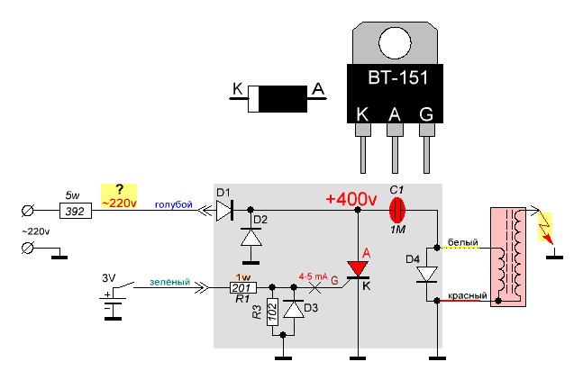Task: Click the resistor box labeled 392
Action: pos(76,211)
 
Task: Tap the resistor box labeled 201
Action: pos(243,287)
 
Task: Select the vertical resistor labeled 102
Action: pos(272,312)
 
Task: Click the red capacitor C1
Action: pos(397,210)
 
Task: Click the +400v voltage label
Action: pos(351,200)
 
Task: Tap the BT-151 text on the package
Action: pos(398,77)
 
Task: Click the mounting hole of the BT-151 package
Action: pos(395,42)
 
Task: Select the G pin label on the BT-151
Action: pos(426,114)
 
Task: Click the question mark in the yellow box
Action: pos(119,190)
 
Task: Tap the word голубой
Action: pos(174,204)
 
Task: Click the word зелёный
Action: pos(169,282)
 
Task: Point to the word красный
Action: pos(468,296)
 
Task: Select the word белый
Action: pos(463,242)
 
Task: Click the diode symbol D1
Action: pos(224,210)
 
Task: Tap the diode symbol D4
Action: pos(426,275)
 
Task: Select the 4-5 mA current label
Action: pos(314,276)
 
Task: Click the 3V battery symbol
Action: pos(113,304)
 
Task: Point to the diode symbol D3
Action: pos(294,308)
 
